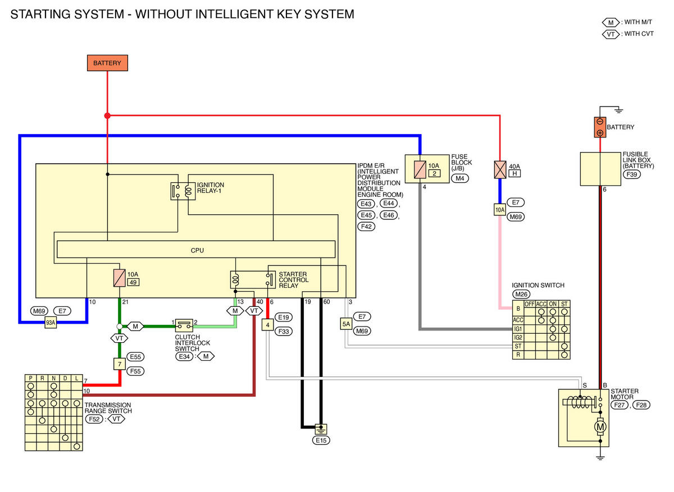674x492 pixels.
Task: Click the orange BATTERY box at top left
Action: click(107, 63)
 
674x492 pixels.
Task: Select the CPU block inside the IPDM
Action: click(196, 250)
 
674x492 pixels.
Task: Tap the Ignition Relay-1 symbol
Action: click(183, 191)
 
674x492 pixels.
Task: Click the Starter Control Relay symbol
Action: click(253, 280)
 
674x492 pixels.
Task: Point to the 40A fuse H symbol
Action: click(500, 170)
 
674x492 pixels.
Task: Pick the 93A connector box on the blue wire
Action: click(51, 323)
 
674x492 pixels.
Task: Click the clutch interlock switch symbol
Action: click(184, 325)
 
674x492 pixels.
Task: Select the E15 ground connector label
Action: click(321, 440)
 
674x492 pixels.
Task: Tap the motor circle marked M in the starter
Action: click(600, 427)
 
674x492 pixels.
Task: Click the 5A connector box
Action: click(346, 324)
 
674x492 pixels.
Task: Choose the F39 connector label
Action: click(631, 174)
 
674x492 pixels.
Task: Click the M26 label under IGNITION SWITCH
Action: click(521, 294)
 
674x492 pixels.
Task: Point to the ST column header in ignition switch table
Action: click(564, 304)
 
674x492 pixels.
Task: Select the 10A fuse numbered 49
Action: click(120, 278)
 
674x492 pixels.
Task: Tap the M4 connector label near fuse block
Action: click(460, 178)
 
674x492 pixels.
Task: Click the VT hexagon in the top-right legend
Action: click(611, 34)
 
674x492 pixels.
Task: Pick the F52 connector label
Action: click(94, 419)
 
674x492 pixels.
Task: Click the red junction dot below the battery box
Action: click(107, 116)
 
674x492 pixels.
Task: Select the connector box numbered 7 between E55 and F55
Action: click(120, 364)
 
